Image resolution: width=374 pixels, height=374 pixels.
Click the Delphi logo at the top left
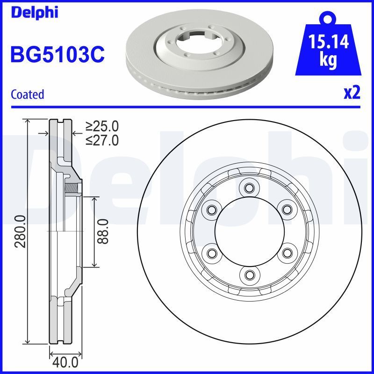[x=34, y=13]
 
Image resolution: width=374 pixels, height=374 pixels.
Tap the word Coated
[x=27, y=94]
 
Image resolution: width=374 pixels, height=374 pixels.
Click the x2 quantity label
[x=352, y=93]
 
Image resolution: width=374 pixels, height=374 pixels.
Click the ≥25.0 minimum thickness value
[x=102, y=126]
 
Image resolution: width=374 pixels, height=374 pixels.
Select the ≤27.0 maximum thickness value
[x=102, y=140]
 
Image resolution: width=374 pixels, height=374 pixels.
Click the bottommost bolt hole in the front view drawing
[x=248, y=274]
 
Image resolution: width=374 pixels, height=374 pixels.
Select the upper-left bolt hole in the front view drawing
[x=212, y=209]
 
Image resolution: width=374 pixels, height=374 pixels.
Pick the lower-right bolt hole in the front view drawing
[x=285, y=253]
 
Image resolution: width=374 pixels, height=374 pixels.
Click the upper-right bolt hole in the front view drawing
[x=285, y=209]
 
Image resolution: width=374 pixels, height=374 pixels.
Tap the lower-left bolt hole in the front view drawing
[x=212, y=253]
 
